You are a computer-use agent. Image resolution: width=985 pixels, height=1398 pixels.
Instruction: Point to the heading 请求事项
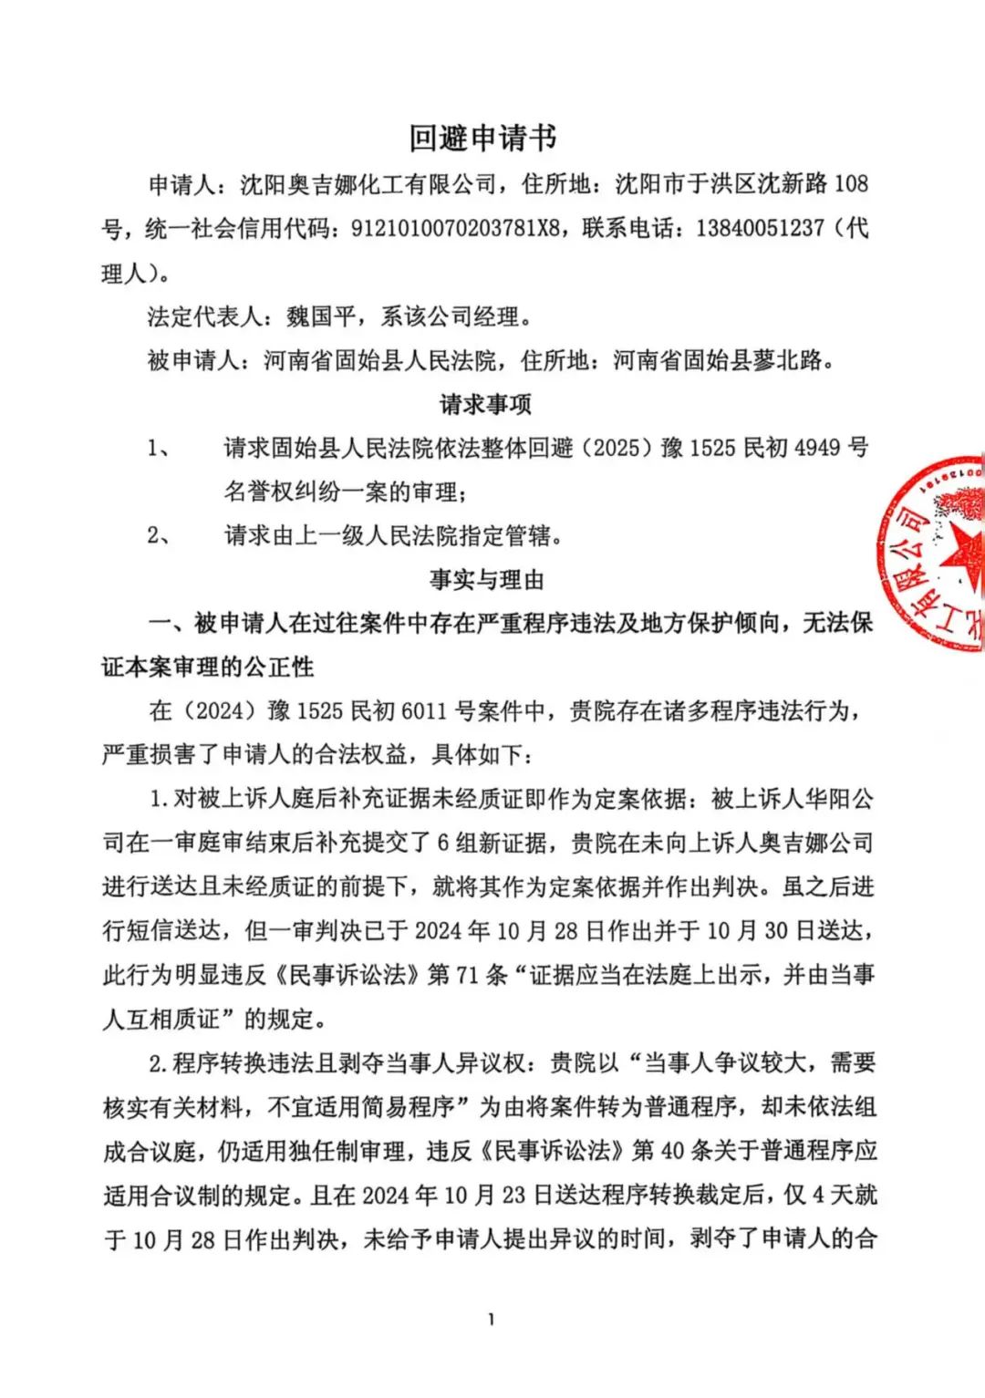click(485, 403)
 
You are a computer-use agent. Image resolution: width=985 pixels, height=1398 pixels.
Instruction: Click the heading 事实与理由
click(486, 579)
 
